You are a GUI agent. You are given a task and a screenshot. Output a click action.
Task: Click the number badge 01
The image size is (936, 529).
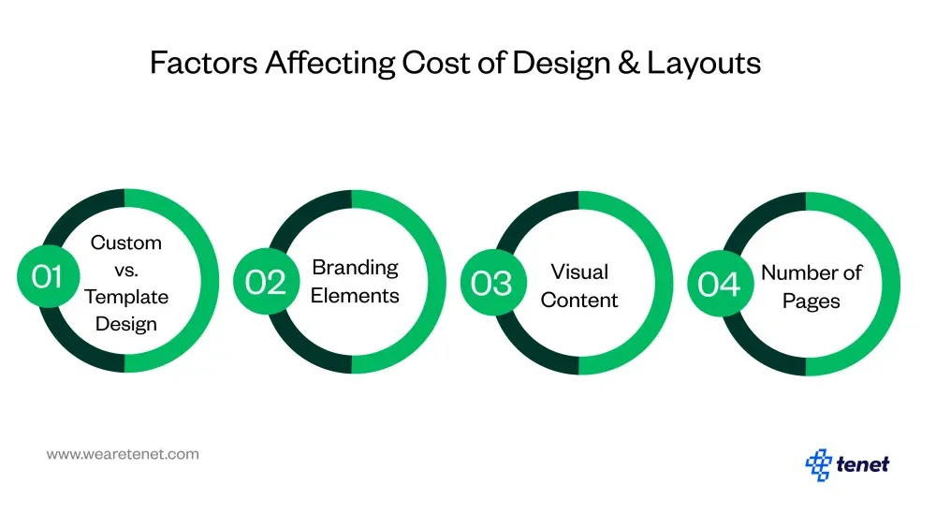47,277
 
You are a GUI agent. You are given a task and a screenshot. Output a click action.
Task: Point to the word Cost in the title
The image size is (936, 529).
434,63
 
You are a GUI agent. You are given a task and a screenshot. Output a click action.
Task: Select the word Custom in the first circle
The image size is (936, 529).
126,242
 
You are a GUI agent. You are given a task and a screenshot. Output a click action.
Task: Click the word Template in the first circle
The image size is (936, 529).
126,297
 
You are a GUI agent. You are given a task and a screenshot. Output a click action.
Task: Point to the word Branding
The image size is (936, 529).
355,268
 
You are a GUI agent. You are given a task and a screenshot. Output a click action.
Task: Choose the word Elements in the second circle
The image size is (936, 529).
355,296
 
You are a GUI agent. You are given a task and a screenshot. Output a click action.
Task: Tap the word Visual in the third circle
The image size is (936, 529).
579,272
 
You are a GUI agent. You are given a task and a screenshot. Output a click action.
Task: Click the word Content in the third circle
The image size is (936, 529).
579,301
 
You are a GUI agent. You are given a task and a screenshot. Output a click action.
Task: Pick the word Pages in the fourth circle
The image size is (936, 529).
811,301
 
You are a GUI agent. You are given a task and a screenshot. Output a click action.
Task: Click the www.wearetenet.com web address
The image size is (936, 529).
123,454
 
